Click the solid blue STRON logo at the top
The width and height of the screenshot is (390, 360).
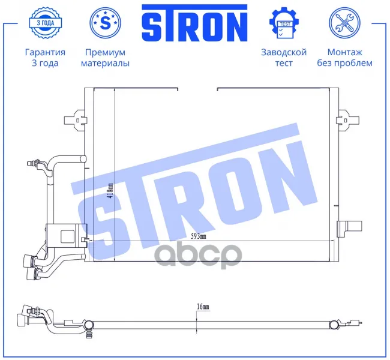pos(194,23)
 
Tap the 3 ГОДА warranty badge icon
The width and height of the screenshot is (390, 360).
pos(45,23)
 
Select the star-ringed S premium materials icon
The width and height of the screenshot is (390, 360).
pos(105,23)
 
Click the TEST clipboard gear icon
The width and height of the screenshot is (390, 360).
pos(284,23)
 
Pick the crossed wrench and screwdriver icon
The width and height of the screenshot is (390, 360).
pos(344,23)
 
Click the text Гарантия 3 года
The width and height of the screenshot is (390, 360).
pos(45,58)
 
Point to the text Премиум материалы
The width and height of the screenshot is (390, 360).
pos(105,58)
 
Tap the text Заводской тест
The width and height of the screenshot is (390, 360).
pos(284,58)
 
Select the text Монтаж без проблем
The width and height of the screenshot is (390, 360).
pos(344,58)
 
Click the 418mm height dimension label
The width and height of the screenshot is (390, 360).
pos(110,191)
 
